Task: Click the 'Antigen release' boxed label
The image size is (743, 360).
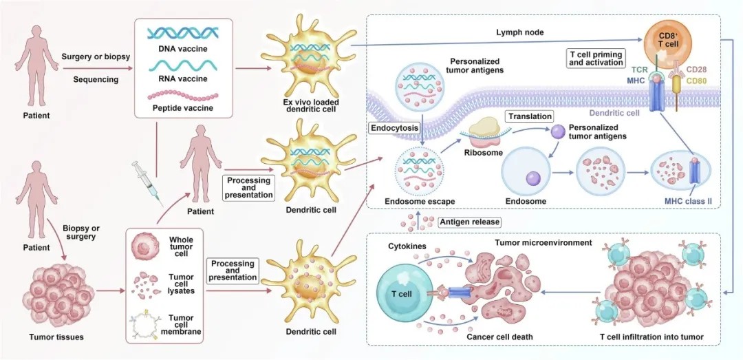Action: pos(470,222)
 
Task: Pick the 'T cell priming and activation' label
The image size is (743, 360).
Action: pos(595,57)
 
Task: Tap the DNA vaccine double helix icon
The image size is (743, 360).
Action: pos(182,32)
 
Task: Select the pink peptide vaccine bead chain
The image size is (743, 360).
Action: pos(183,96)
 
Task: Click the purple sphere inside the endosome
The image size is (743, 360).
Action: pos(533,179)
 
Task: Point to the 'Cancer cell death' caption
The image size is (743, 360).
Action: pos(499,337)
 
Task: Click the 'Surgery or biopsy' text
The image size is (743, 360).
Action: pos(95,57)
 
